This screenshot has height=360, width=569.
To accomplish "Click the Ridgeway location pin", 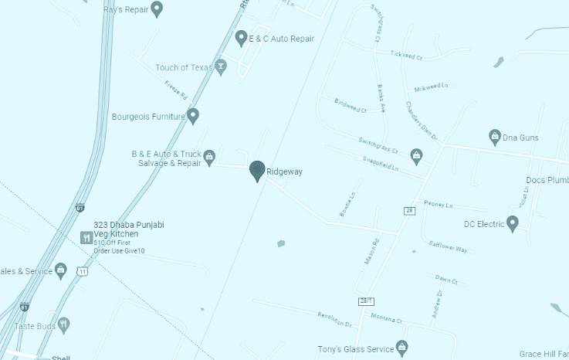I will pos(257,171).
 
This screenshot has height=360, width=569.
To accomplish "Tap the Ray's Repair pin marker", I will pos(157,9).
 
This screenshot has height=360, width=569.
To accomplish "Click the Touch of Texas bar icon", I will pos(221,66).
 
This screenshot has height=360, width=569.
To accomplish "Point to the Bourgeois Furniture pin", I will pos(193,116).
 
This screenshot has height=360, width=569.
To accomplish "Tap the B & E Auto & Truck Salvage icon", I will pos(208,157).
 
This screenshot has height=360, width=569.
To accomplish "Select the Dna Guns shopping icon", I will pos(495,137).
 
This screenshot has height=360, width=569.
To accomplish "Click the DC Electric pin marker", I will pos(511,223).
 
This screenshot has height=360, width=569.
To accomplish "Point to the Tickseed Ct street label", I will pos(407,56).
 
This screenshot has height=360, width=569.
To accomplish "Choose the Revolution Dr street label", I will pos(334,319).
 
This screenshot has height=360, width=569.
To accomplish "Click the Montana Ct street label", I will pos(386,318).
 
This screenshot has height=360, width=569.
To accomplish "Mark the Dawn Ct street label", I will pos(446,280).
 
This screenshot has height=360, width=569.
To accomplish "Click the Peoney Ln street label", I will pos(436,204).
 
